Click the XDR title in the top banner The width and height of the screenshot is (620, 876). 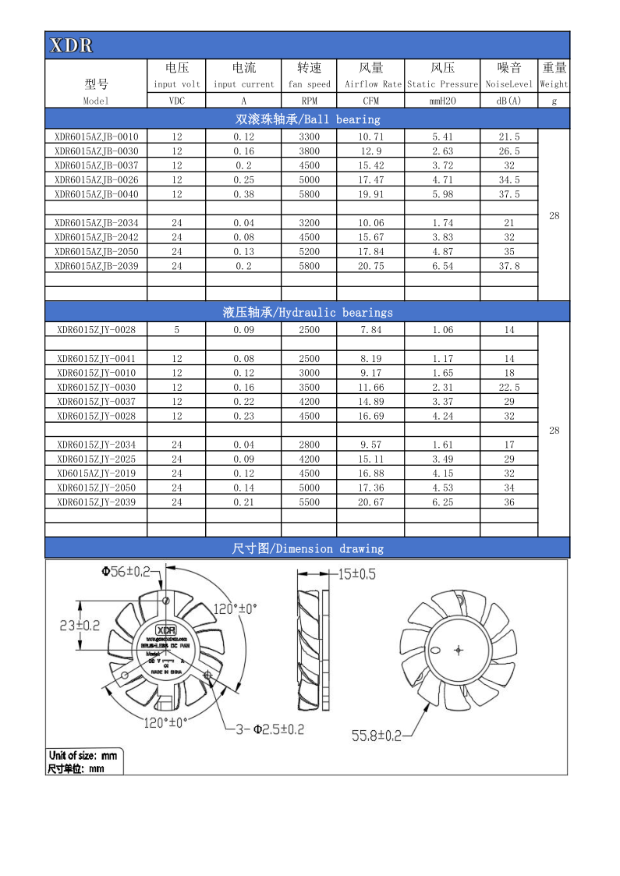pos(71,46)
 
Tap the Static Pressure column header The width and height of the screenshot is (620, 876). pos(442,83)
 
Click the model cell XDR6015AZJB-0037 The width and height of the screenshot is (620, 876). pos(97,165)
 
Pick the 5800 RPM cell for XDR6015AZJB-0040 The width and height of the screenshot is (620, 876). pos(309,194)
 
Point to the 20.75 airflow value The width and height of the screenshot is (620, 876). pos(370,266)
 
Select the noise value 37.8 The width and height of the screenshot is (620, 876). pos(508,266)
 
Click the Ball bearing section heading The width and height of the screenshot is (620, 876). pos(307,119)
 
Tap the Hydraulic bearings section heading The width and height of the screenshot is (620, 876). pos(307,312)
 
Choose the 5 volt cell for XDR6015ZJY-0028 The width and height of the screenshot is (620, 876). pos(176,330)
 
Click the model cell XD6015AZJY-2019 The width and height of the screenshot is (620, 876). pos(97,473)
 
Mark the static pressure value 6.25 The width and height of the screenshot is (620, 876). pos(442,502)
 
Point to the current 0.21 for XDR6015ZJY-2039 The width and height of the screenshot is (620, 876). pos(243,502)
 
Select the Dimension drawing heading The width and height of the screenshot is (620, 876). pos(307,548)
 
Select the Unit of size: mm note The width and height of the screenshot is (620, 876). pos(83,755)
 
